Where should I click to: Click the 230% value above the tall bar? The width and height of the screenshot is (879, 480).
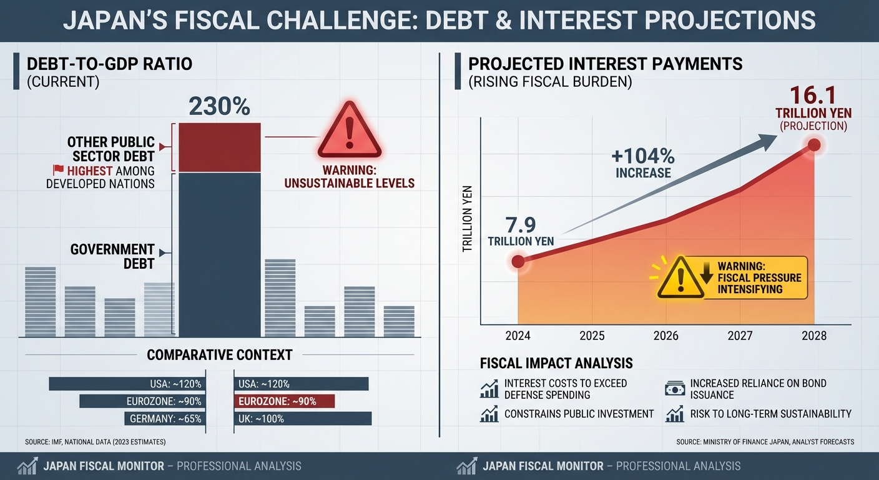tap(219, 106)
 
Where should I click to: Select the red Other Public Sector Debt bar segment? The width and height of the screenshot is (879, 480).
tap(219, 147)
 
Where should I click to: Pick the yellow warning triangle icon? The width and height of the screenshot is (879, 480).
tap(680, 278)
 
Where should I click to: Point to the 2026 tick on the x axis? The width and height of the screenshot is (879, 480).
tap(665, 336)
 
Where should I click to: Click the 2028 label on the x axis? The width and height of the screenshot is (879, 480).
tap(813, 336)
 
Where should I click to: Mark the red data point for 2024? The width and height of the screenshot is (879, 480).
tap(518, 261)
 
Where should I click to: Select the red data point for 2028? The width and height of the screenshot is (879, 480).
tap(814, 144)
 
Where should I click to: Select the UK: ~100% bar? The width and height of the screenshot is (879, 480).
tap(303, 419)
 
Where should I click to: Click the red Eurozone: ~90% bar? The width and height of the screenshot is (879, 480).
tap(285, 401)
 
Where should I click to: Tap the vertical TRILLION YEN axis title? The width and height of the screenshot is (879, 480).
tap(468, 219)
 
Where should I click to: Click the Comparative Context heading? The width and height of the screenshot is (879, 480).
tap(219, 355)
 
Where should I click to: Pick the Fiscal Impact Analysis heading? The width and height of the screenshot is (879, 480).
tap(556, 363)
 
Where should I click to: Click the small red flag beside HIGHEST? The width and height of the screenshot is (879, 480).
tap(58, 170)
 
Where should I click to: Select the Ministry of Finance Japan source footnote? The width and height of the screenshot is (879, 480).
tap(765, 442)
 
